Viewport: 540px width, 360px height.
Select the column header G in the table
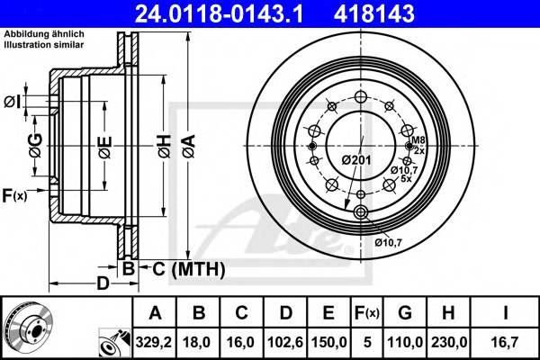pyautogui.click(x=404, y=312)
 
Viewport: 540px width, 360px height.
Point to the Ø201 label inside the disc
pyautogui.click(x=356, y=159)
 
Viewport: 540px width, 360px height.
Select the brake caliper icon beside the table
pyautogui.click(x=115, y=342)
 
